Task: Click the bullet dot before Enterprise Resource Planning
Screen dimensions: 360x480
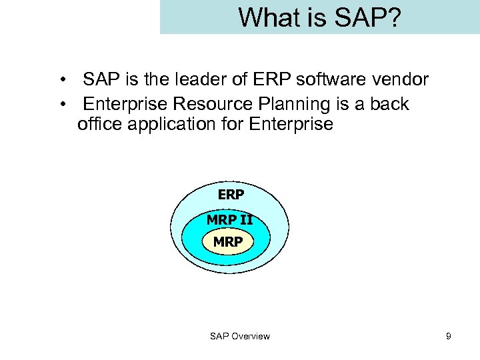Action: coord(61,105)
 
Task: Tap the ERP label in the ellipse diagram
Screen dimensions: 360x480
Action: coord(231,195)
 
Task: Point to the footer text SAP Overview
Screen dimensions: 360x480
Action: coord(240,336)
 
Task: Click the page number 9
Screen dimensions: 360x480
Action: coord(449,336)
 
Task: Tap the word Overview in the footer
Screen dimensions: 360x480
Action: coord(250,336)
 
